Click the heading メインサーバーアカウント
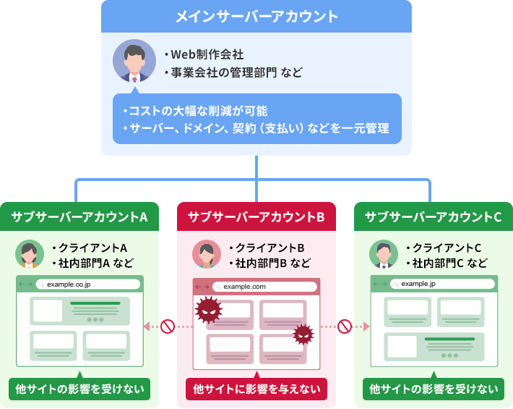click(256, 17)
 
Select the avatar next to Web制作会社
click(134, 61)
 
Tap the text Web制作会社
click(207, 54)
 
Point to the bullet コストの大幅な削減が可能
click(195, 111)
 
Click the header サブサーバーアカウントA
click(79, 216)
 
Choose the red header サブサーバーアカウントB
click(256, 216)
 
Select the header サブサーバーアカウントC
click(434, 216)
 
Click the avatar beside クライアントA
click(30, 254)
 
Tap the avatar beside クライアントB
click(207, 254)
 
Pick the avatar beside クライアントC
click(384, 254)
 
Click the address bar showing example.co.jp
click(88, 284)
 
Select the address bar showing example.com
click(264, 287)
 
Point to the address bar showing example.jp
click(442, 284)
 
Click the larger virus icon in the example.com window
click(208, 310)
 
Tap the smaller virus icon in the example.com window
click(303, 334)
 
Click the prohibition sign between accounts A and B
click(168, 326)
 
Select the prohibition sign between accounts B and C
click(345, 326)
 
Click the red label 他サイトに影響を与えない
click(256, 389)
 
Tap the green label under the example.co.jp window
click(79, 389)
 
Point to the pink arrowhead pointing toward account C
click(366, 326)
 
